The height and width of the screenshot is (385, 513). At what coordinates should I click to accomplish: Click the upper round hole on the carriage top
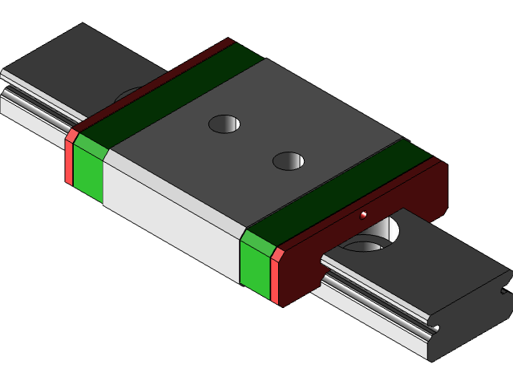[224, 124]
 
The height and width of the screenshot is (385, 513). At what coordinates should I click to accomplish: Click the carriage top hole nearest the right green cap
[289, 161]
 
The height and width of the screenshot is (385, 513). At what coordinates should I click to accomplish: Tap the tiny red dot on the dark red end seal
[363, 215]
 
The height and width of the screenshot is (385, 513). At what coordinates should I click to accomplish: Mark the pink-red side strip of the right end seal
[275, 277]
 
